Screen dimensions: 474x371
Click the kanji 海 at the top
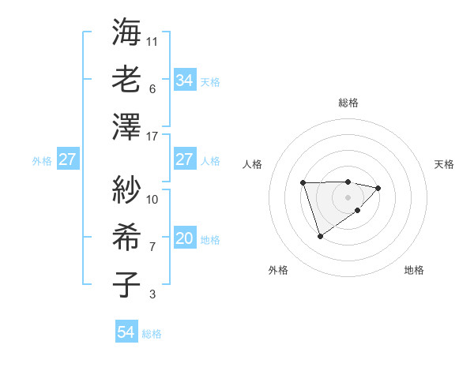click(x=126, y=32)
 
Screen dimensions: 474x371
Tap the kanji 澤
click(x=126, y=127)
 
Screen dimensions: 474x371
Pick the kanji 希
click(x=126, y=238)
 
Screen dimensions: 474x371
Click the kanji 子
click(x=126, y=285)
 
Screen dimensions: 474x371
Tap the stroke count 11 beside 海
click(x=152, y=41)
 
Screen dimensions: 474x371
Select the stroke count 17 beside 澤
click(x=152, y=137)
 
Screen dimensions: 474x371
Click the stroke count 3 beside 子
click(x=152, y=294)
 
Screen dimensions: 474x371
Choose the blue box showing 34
click(x=184, y=81)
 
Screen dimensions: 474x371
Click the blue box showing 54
click(x=126, y=333)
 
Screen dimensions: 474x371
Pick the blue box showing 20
click(x=184, y=238)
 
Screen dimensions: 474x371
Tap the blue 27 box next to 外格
click(x=68, y=159)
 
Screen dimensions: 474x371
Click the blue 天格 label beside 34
click(x=210, y=81)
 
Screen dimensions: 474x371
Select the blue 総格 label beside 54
click(x=152, y=334)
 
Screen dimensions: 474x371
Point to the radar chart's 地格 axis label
click(x=414, y=270)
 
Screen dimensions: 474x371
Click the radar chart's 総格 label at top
click(x=348, y=103)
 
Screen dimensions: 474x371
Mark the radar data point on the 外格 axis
click(x=320, y=236)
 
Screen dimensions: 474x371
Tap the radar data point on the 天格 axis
click(x=378, y=188)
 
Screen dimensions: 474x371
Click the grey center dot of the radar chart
click(x=348, y=197)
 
